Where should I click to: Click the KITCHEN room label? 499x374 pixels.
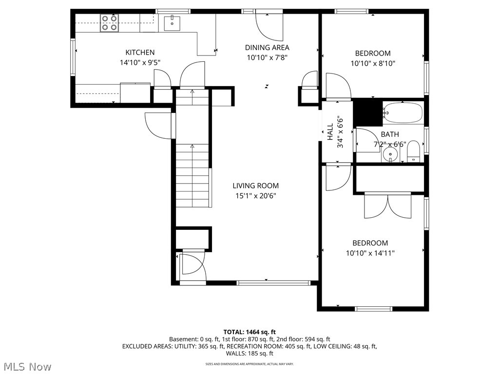click(140, 53)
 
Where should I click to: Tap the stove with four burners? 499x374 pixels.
click(109, 23)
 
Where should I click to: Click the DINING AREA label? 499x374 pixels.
click(267, 48)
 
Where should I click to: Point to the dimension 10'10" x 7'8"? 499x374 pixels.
click(267, 57)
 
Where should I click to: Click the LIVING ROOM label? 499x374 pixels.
click(255, 186)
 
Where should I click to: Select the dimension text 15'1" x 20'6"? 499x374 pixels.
click(255, 196)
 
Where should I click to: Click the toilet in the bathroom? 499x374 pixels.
click(413, 150)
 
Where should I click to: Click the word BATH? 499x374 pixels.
click(390, 134)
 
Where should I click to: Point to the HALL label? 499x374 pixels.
click(330, 132)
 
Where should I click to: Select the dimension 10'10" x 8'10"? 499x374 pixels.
click(373, 63)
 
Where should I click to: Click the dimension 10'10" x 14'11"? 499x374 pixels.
click(370, 253)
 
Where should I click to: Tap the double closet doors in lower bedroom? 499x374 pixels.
click(388, 206)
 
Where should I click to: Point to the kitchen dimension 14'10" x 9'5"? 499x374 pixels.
click(140, 62)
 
